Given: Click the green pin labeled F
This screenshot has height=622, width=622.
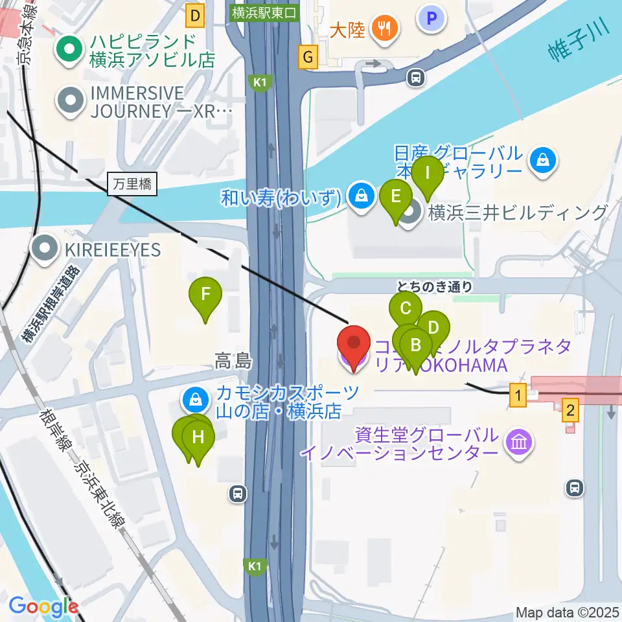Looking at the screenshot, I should tap(205, 295).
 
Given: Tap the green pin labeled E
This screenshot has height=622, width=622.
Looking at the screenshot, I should tap(396, 196).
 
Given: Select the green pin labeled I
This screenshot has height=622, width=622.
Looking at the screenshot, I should tap(428, 174).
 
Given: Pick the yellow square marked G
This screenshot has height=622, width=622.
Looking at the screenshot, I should tap(308, 59).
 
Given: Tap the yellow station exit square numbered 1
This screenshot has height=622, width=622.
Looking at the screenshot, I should tap(517, 395).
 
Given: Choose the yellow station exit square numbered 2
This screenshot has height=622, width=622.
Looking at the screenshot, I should tap(570, 409).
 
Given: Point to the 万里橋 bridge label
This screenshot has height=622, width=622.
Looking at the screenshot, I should tap(132, 185).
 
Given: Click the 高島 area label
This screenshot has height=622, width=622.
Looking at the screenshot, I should tap(233, 362).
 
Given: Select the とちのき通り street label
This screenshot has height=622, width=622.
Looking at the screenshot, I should tap(435, 286).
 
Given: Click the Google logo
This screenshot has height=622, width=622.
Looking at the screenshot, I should tap(43, 606).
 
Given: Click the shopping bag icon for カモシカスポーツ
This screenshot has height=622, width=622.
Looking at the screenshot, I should tap(196, 401).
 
